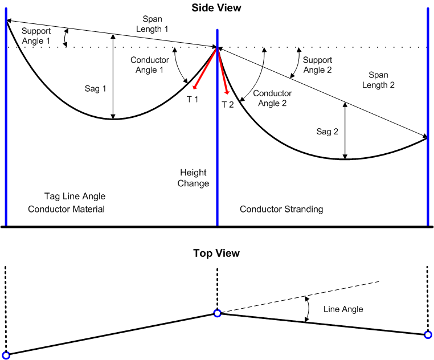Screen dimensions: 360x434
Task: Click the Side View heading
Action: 216,8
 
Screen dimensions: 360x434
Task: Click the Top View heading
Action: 216,253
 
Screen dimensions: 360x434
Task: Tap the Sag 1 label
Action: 96,88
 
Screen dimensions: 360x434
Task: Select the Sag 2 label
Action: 327,131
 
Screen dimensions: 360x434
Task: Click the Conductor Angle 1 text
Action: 150,65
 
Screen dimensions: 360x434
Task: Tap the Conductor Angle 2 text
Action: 272,98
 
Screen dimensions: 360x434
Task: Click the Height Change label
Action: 194,178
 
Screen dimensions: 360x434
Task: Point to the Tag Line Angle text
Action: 75,196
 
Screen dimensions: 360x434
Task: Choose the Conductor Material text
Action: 67,209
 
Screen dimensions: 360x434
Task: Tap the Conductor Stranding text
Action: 281,209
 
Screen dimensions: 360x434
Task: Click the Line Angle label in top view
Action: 343,309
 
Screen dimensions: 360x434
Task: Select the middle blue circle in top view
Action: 217,313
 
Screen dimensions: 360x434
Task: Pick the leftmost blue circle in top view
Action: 6,355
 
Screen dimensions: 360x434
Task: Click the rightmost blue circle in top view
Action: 428,335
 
